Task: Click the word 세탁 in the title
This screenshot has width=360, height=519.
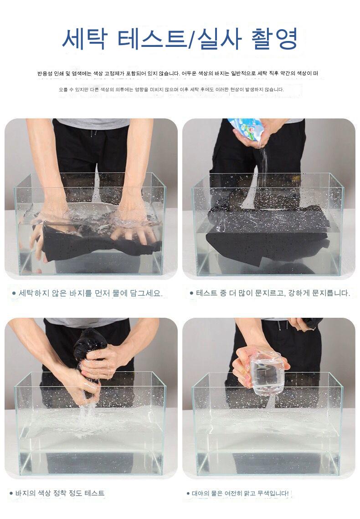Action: point(84,39)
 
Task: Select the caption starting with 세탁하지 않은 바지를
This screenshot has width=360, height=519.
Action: point(90,293)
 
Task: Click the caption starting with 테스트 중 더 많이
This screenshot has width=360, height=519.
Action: point(273,293)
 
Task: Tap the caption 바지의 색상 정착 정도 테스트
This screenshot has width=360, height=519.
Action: point(60,493)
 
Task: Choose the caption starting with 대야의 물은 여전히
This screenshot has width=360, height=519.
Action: point(240,494)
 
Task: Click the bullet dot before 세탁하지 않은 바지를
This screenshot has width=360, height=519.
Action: point(14,293)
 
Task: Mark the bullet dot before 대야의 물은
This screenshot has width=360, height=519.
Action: point(188,494)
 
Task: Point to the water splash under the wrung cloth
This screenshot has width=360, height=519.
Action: point(88,412)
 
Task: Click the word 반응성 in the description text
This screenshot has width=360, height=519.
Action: point(44,73)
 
